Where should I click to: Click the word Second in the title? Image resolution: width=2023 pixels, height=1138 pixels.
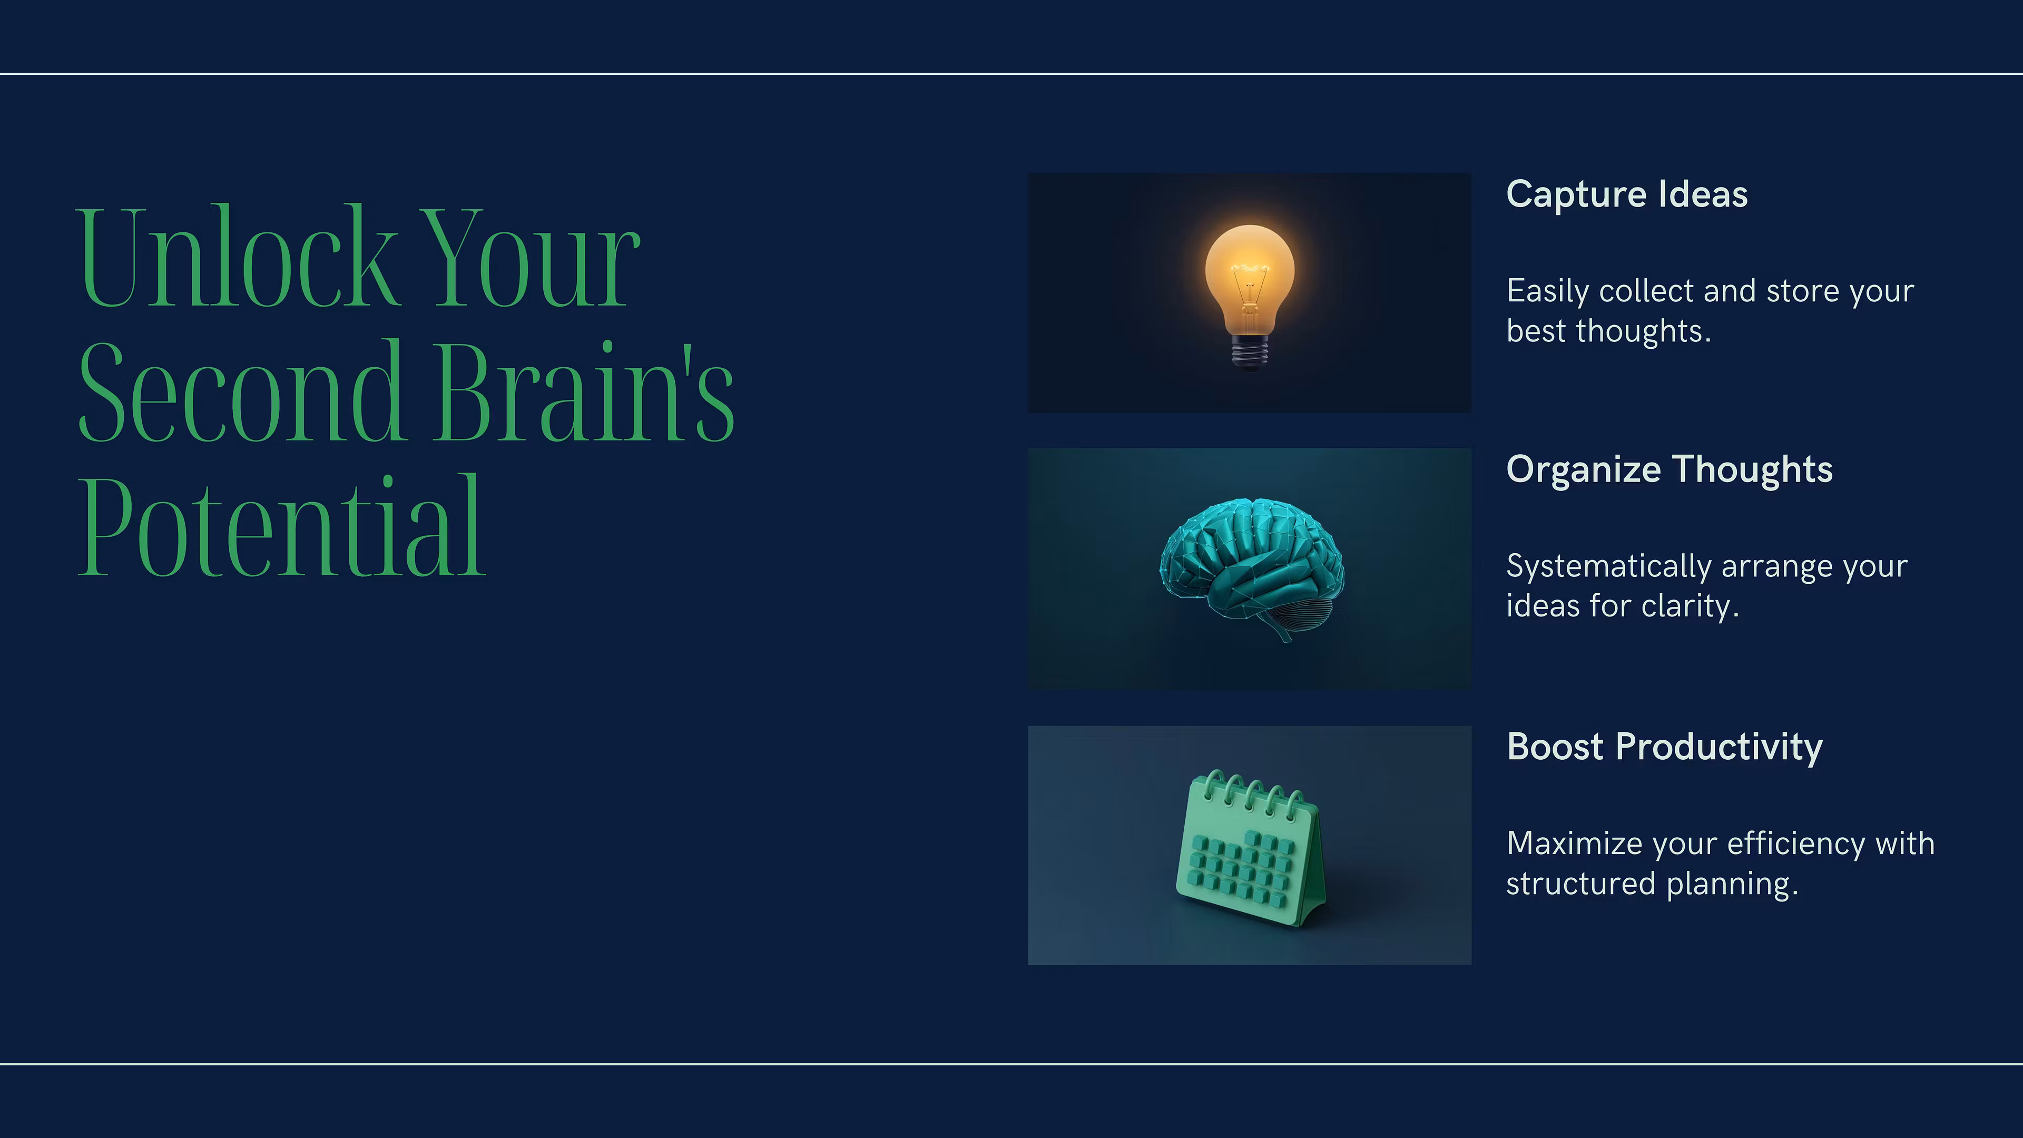point(242,390)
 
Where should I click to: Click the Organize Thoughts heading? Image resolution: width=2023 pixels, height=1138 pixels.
point(1670,469)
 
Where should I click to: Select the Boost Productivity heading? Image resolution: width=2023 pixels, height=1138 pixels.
point(1665,747)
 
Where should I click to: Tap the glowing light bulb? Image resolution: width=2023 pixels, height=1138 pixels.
point(1250,295)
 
